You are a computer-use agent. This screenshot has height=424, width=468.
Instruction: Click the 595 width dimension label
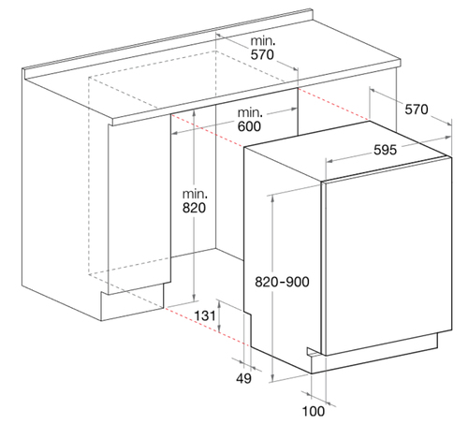click(385, 150)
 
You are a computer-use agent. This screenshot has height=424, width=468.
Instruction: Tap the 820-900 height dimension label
click(282, 282)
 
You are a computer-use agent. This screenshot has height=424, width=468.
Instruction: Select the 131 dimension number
click(205, 315)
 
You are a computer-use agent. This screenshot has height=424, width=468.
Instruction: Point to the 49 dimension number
click(243, 378)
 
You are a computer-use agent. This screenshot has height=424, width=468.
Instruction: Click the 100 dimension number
click(314, 411)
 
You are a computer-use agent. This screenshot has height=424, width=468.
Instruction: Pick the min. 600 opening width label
click(249, 120)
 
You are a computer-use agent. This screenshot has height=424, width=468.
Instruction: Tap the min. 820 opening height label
click(194, 201)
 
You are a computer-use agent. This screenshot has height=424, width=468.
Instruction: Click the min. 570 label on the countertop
click(263, 48)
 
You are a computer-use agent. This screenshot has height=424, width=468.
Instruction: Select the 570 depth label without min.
click(417, 110)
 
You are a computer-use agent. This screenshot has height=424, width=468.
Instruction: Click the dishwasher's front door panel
click(387, 256)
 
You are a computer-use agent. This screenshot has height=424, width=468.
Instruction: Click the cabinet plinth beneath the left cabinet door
click(132, 302)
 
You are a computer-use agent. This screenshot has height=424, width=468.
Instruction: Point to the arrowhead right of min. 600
click(293, 110)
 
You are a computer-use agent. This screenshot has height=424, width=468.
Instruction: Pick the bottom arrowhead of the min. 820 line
click(194, 297)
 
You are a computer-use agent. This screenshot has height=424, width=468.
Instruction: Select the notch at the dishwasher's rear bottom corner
click(247, 313)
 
